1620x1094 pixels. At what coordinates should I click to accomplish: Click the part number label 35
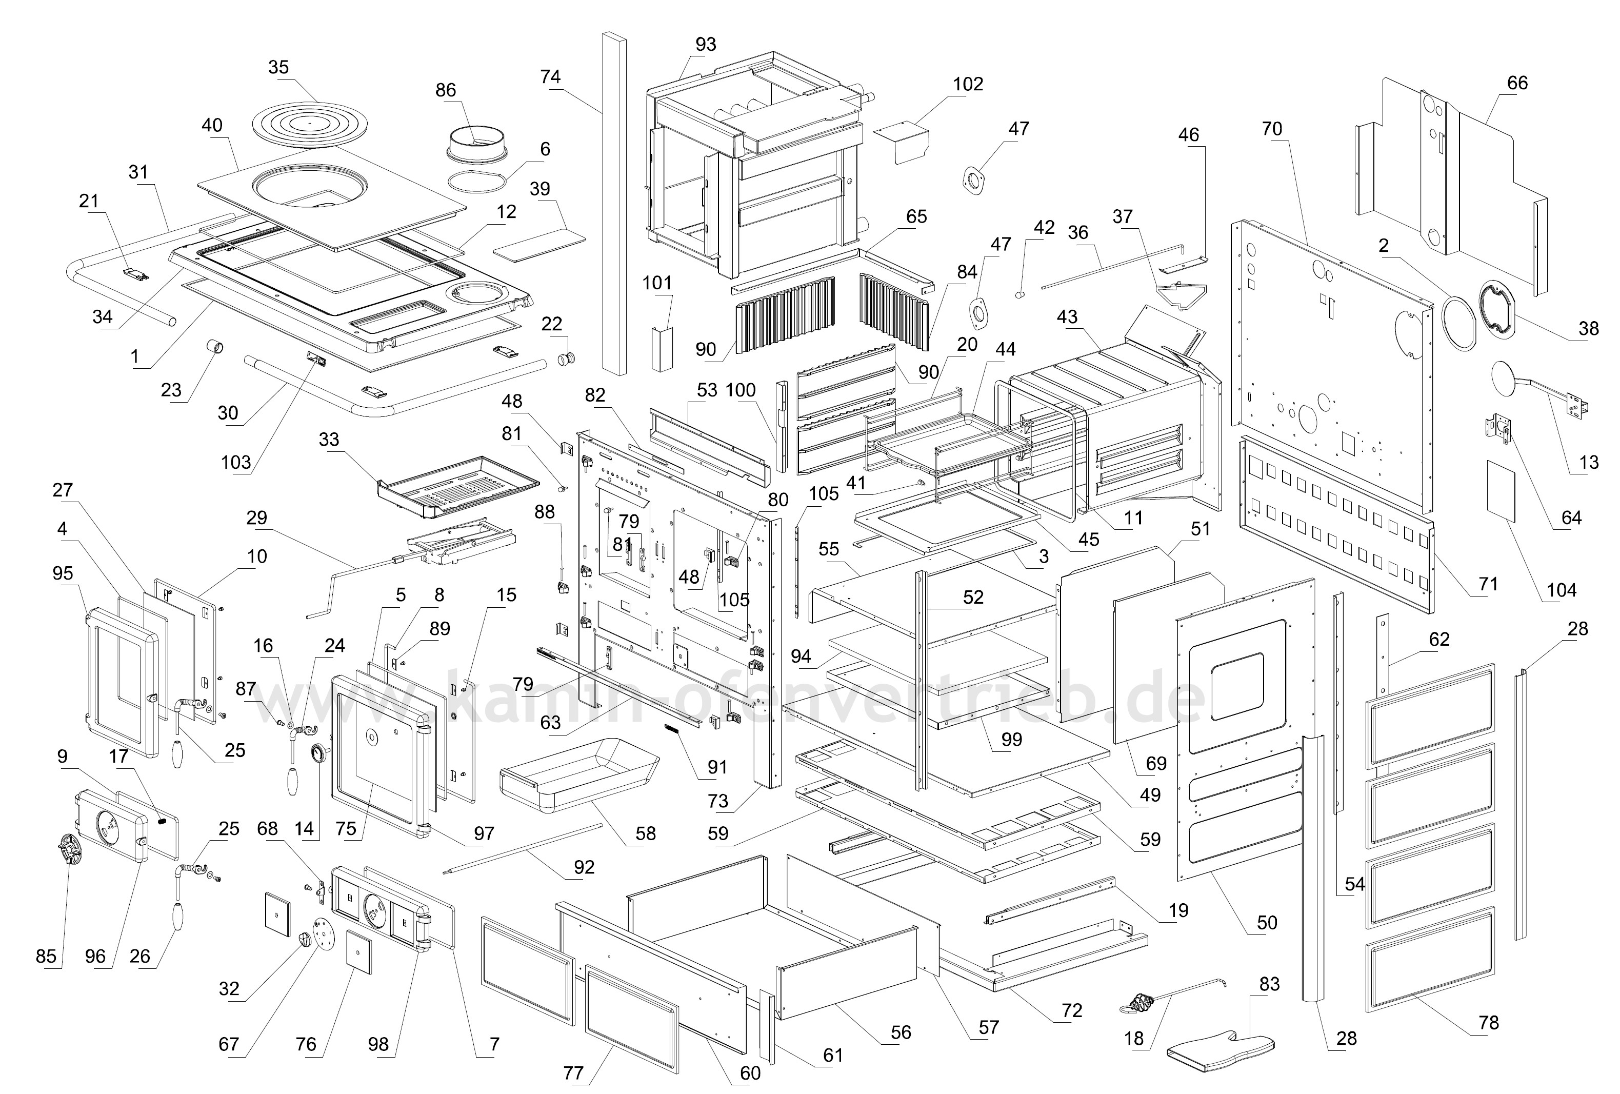[278, 68]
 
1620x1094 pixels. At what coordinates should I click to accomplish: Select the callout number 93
[706, 45]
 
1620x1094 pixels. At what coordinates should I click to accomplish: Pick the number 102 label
[968, 84]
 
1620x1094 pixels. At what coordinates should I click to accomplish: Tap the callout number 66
[1517, 83]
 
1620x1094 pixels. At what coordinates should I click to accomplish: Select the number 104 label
[1562, 590]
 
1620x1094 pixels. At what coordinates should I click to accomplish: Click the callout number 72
[1071, 1010]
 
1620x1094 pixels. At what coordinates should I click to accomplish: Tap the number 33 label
[329, 440]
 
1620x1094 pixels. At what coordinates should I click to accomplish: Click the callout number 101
[656, 283]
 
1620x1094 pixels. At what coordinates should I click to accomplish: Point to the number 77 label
[573, 1073]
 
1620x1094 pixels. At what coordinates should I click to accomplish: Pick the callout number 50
[1267, 923]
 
